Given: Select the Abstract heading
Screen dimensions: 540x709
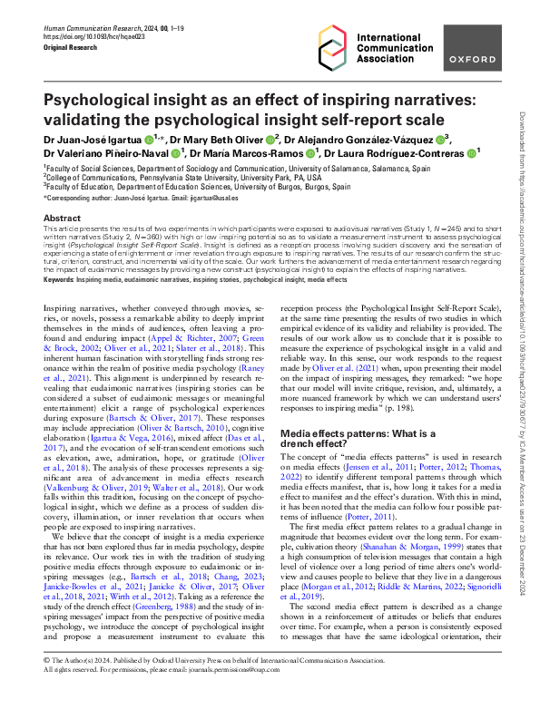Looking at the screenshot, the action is [62, 219].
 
